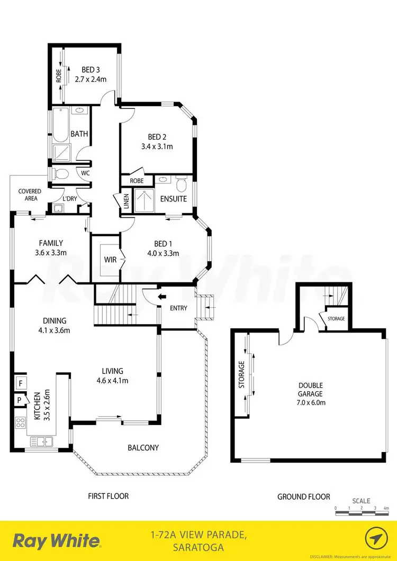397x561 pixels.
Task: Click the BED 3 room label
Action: point(91,69)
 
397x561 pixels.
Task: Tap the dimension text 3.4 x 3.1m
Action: point(157,146)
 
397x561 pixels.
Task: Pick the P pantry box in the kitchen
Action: point(19,400)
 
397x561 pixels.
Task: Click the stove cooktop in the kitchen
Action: point(21,422)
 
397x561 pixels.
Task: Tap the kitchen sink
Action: point(39,440)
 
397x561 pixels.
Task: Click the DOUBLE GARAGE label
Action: point(310,394)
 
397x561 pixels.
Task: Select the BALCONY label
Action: point(143,448)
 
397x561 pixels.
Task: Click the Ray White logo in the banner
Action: point(57,540)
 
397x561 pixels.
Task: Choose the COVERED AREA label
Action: point(30,195)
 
